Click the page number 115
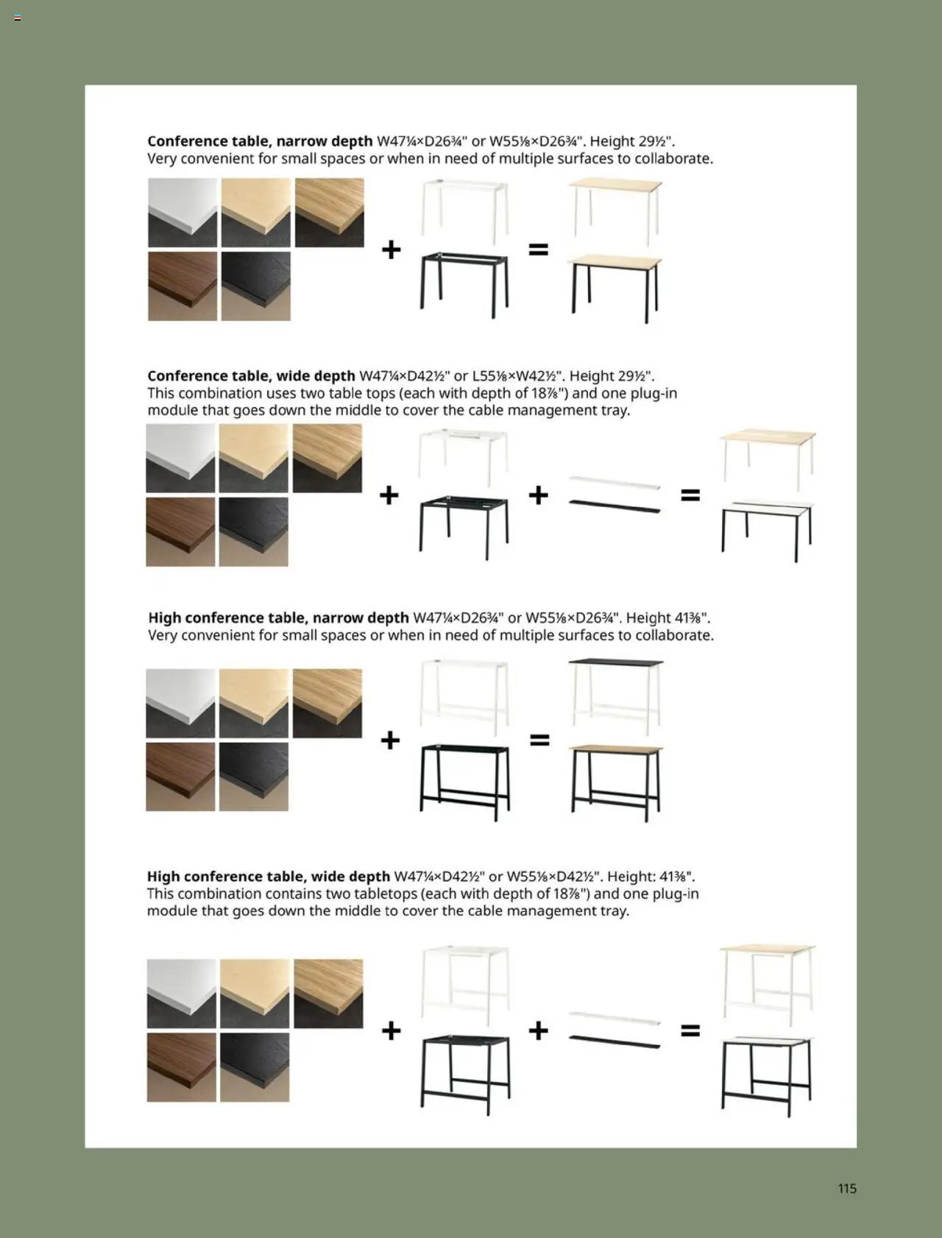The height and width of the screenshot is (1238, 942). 846,1188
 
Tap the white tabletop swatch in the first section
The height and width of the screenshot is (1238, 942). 183,213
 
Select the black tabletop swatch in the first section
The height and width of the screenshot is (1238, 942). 255,286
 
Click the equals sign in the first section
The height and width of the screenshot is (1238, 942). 539,250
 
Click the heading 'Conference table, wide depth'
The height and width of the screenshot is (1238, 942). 251,376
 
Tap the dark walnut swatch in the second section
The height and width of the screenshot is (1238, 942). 180,531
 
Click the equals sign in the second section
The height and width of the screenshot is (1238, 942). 690,495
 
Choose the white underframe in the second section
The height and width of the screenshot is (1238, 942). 464,456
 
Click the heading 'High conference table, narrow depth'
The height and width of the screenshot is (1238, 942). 278,618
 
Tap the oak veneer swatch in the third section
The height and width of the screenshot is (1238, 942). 327,703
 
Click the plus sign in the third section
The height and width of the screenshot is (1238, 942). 390,740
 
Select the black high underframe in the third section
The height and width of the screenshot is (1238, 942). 464,782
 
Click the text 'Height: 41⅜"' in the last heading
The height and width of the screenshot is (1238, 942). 651,877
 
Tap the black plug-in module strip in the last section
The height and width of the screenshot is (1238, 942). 615,1042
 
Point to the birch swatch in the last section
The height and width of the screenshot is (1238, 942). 255,993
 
